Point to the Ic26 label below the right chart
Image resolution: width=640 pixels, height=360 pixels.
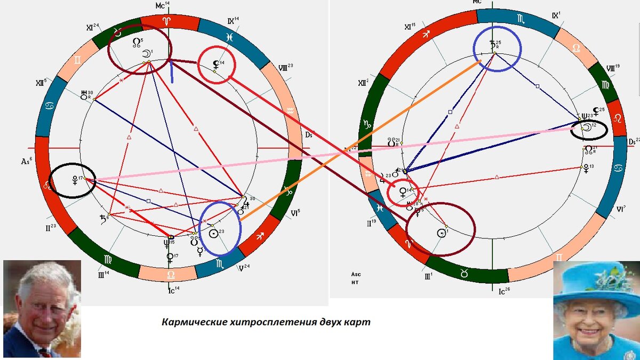pos(502,291)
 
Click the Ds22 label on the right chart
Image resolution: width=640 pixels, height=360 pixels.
pos(634,141)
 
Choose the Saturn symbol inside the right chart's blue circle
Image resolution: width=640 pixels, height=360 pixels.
pos(493,45)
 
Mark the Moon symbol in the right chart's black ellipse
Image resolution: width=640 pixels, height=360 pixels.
pos(586,128)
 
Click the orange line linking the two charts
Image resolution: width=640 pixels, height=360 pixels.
pos(320,167)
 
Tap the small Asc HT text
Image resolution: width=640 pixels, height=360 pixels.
pos(356,278)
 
